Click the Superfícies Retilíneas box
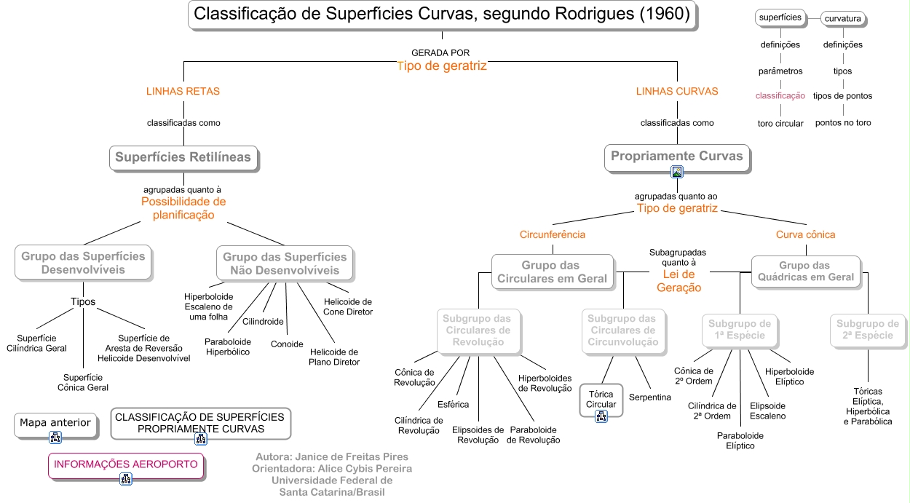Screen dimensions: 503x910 tap(183, 157)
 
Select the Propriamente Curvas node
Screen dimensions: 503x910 tap(676, 156)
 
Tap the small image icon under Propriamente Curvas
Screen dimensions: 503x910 tap(677, 173)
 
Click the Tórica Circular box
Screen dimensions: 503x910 tap(601, 400)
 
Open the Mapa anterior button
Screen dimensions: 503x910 tap(55, 423)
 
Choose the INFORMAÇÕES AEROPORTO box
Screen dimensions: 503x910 tap(126, 464)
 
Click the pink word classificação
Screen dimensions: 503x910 tap(780, 95)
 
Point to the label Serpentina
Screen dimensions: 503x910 tap(649, 397)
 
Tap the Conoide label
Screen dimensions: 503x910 tap(287, 344)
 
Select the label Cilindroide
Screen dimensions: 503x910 tap(263, 321)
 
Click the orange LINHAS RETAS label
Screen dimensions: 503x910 tap(183, 92)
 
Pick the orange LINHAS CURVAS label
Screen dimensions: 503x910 tap(677, 92)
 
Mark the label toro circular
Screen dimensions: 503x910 tap(780, 123)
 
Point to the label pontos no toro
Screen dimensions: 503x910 tap(843, 123)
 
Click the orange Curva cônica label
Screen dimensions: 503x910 tap(805, 234)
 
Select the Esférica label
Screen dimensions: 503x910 tap(453, 404)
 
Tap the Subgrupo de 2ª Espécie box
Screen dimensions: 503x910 tap(867, 330)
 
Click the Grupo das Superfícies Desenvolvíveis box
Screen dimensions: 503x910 tap(83, 263)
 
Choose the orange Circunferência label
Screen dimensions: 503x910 tap(552, 234)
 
